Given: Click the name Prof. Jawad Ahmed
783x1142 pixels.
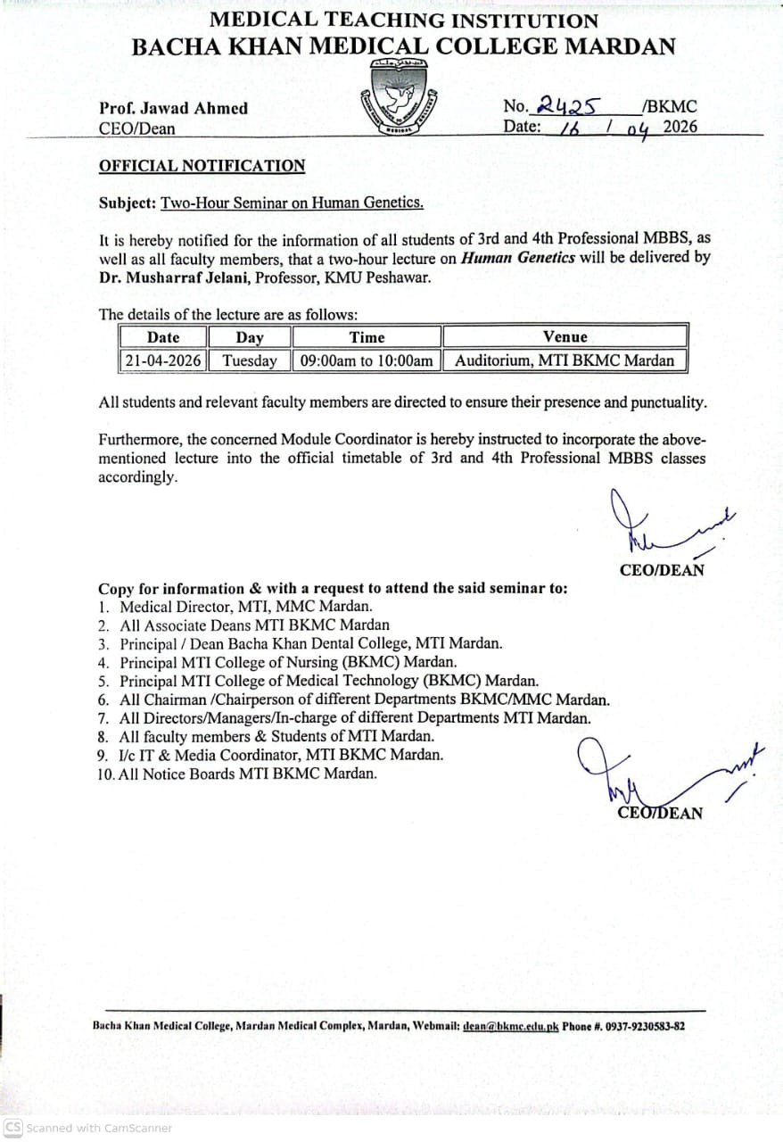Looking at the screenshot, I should coord(173,108).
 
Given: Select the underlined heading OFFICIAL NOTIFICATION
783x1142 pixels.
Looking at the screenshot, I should coord(202,166).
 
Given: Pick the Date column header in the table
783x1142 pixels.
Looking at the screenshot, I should coord(163,337).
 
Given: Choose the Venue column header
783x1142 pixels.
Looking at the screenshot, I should coord(565,337).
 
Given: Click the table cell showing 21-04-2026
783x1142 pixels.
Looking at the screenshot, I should coord(163,361).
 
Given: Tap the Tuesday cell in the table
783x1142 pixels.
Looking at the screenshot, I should coord(250,361).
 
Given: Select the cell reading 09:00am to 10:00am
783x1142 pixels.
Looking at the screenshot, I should coord(367,361).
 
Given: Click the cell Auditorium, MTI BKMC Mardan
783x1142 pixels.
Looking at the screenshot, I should coord(565,361).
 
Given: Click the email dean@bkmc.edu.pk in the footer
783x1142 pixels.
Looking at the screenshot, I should coord(510,1026).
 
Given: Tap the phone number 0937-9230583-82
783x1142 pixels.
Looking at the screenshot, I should coord(641,1026).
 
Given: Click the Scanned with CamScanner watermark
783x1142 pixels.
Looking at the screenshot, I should coord(88,1128).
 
